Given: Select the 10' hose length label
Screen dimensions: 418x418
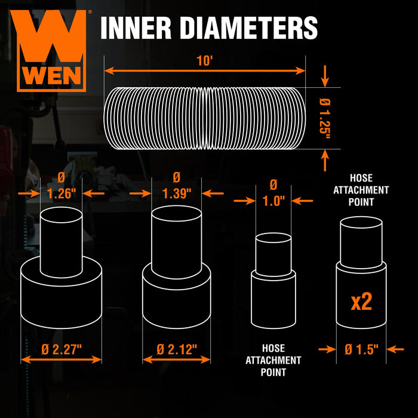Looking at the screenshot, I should [205, 60].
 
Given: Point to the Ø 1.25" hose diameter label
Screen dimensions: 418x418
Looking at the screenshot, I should [324, 118].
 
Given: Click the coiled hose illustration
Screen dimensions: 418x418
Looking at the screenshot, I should [205, 118].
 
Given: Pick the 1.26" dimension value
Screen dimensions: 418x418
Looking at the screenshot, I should [60, 193].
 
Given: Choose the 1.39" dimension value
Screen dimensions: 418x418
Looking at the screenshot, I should [177, 193].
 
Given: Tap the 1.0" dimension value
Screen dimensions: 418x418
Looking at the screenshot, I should [274, 201].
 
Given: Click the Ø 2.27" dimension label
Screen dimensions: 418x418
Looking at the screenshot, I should [61, 349].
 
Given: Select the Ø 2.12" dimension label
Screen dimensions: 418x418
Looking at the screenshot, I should [177, 349].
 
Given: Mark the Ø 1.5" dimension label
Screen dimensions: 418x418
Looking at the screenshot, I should [361, 350].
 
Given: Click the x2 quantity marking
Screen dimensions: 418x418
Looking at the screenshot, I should [361, 302].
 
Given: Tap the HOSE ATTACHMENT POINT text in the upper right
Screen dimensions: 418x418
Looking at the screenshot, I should [362, 190].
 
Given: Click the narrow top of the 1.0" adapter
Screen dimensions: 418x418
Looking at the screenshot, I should [273, 254].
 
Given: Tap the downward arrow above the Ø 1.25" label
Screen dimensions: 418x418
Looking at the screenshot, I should [324, 75].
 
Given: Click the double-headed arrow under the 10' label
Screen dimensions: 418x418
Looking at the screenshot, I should [205, 70].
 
